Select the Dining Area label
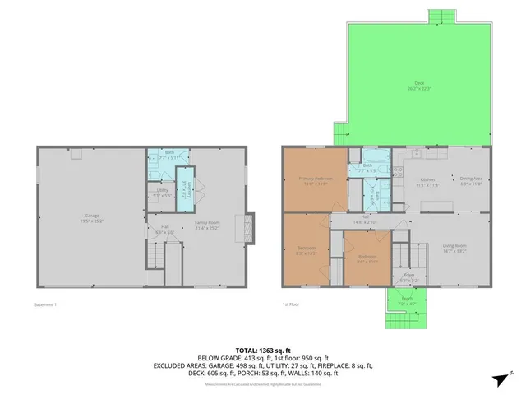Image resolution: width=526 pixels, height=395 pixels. (471, 181)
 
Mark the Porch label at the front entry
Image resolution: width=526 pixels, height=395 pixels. (407, 302)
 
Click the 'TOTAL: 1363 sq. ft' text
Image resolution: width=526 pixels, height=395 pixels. (262, 350)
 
